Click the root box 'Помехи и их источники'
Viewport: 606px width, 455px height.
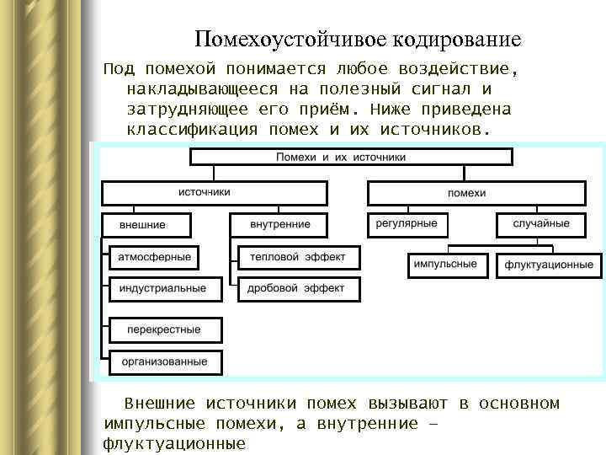click(x=352, y=157)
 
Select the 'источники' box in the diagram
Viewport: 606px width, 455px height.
click(x=205, y=193)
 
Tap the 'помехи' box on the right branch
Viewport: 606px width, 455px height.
click(x=466, y=193)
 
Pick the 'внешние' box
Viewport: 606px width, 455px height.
click(x=146, y=225)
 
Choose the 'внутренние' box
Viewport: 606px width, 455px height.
click(x=280, y=225)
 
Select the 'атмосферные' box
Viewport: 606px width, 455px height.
click(x=155, y=257)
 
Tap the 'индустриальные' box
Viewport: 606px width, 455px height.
click(x=163, y=288)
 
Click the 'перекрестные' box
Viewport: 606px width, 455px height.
click(x=165, y=329)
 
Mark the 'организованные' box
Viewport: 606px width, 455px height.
click(x=165, y=361)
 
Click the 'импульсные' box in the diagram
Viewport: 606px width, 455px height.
click(x=445, y=265)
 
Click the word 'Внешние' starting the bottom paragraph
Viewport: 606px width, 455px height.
click(x=160, y=404)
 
